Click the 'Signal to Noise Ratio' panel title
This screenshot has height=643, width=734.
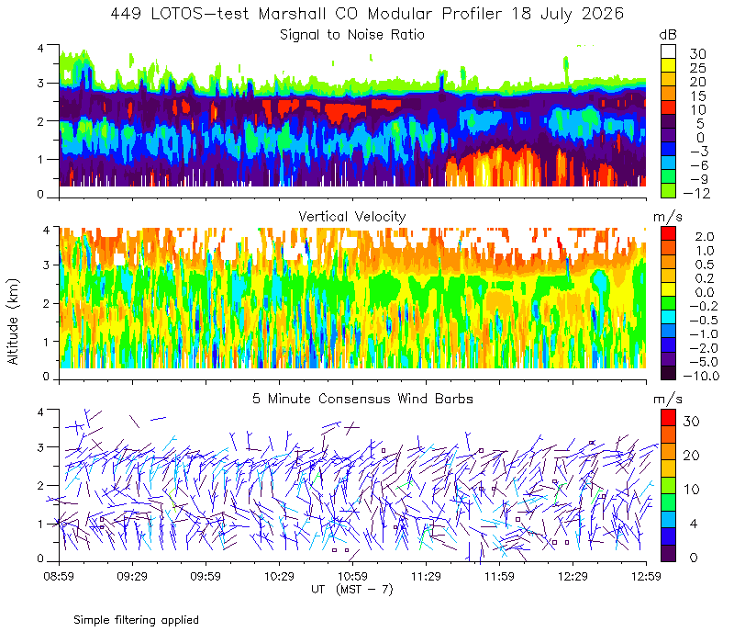(x=352, y=35)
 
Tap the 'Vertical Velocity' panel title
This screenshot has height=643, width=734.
(x=352, y=217)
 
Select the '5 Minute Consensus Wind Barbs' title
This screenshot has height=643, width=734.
(x=362, y=399)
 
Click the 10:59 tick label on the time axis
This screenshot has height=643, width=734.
(x=352, y=576)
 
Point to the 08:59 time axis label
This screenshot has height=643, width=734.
(x=59, y=576)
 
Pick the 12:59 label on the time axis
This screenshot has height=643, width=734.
(x=646, y=576)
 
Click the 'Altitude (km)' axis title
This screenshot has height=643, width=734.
(x=13, y=321)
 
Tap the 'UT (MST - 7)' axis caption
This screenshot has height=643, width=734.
(x=352, y=590)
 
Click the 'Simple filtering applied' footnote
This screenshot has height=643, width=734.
(x=136, y=620)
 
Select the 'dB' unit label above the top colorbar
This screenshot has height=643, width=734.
(x=668, y=35)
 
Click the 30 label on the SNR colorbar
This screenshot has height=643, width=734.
(x=697, y=54)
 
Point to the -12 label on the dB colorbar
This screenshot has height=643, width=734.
(x=696, y=193)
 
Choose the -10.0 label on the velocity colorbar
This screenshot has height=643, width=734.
(x=701, y=376)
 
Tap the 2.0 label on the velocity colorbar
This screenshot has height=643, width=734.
(x=705, y=237)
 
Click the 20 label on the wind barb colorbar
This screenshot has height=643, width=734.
(x=692, y=456)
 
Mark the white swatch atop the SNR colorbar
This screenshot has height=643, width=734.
(x=668, y=51)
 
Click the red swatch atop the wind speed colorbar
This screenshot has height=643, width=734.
(x=668, y=418)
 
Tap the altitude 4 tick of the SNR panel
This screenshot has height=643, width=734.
(x=40, y=49)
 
